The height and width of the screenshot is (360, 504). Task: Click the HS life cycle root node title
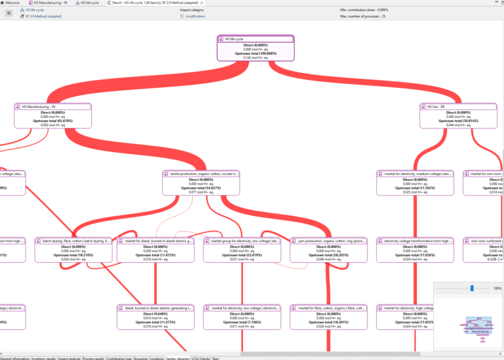coord(256,39)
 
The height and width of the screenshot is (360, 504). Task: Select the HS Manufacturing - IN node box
coord(52,116)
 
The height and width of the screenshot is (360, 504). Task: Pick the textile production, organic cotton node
coord(201,174)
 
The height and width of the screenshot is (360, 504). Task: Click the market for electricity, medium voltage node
coord(415,174)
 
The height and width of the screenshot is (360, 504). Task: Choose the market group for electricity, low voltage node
coord(242,241)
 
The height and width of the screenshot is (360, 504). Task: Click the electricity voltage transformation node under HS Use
coord(415,241)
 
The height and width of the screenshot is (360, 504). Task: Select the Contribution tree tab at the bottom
coord(119,357)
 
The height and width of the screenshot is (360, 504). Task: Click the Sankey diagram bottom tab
coord(177,357)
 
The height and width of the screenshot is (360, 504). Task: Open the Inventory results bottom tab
coord(43,357)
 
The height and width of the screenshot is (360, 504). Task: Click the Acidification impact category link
coord(196,16)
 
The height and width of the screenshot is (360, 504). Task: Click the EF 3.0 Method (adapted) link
coord(43,16)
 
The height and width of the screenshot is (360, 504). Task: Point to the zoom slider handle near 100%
coord(472,288)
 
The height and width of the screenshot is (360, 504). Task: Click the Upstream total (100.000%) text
coord(256,54)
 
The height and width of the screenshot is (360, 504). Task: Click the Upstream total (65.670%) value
coord(52,121)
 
